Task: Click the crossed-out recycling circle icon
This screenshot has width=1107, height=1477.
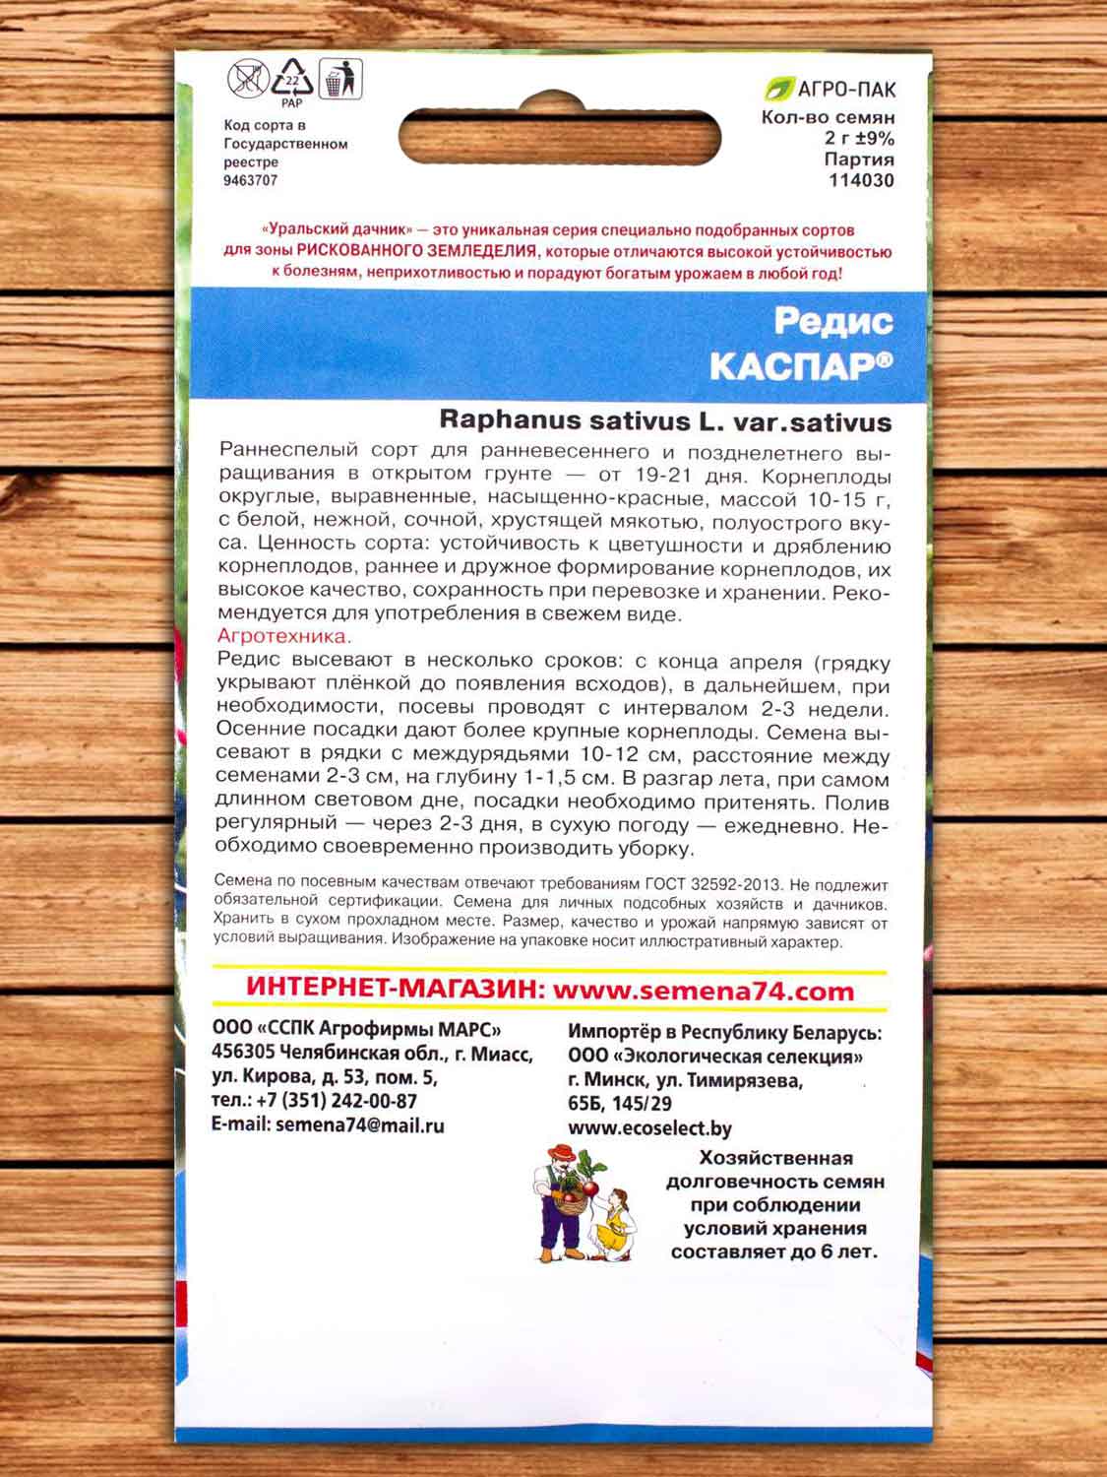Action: point(246,79)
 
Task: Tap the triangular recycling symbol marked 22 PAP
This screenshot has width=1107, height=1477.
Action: point(292,80)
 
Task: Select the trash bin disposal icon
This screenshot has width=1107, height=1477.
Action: point(340,79)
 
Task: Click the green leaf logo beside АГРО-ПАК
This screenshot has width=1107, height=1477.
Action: point(778,90)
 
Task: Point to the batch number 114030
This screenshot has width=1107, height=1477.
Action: point(861,180)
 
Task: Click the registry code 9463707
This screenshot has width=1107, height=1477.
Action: point(251,180)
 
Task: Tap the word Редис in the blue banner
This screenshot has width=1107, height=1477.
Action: point(832,320)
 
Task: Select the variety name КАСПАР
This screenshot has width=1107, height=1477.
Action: point(793,366)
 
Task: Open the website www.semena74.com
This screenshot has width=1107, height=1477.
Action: point(703,991)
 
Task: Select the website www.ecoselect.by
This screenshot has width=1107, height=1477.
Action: point(649,1128)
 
